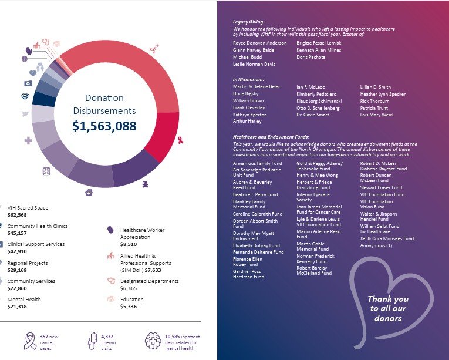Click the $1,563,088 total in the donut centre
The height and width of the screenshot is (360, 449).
coord(104,126)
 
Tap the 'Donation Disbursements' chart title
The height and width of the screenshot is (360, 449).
coord(104,104)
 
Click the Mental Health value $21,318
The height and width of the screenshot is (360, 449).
coord(19,307)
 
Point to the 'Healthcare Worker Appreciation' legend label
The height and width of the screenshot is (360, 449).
coord(143,234)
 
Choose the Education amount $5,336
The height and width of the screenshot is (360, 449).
coord(129,307)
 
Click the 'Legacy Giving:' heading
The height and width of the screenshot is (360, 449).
coord(248,22)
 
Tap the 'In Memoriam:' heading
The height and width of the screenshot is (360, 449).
coord(248,79)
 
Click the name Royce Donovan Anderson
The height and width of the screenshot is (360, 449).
coord(260,43)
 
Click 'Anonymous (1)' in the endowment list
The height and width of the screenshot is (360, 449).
coord(376,245)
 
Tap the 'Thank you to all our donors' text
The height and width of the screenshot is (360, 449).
coord(388,308)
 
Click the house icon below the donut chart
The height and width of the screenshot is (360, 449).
coord(89,192)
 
